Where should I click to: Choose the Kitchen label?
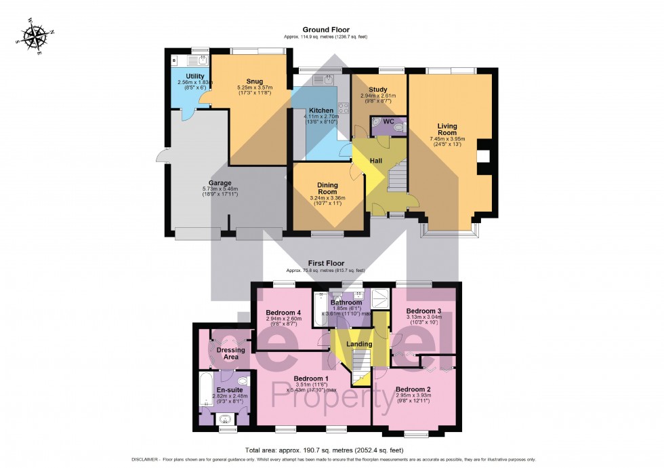pyautogui.click(x=320, y=111)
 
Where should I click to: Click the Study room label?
pyautogui.click(x=378, y=90)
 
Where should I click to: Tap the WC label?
pyautogui.click(x=388, y=121)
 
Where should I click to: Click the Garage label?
pyautogui.click(x=220, y=183)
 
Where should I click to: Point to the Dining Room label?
pyautogui.click(x=327, y=188)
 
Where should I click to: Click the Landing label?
pyautogui.click(x=359, y=344)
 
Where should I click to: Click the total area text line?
pyautogui.click(x=324, y=450)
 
